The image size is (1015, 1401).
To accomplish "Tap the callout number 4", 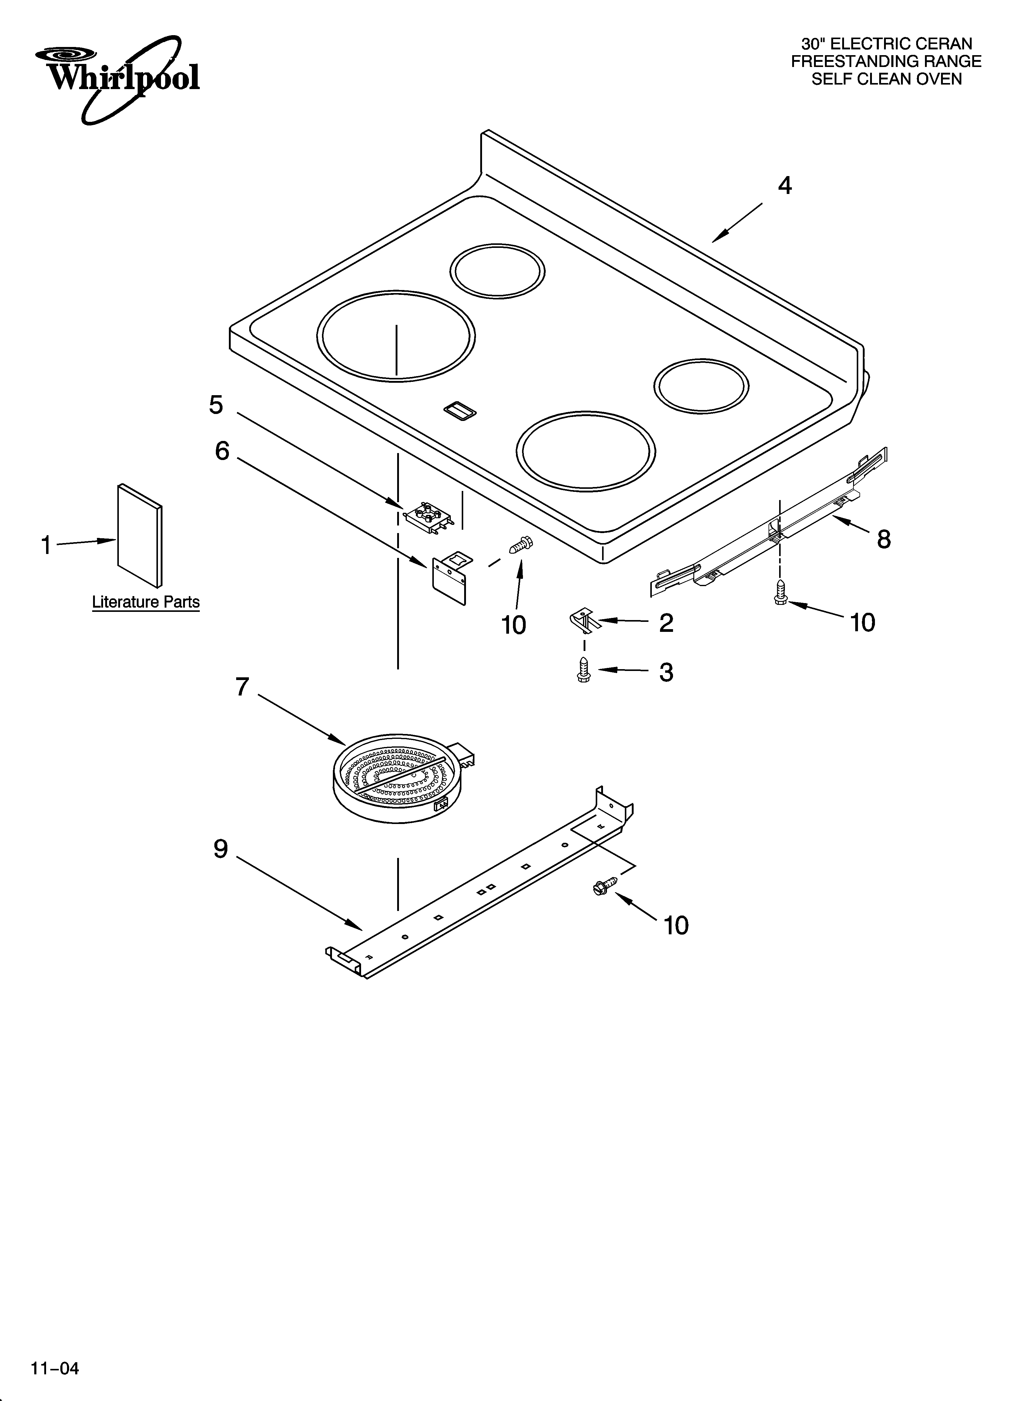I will pos(784,185).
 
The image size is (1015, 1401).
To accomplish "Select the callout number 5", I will pos(216,405).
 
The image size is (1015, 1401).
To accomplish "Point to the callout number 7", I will pos(242,686).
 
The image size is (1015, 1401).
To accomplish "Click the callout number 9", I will pos(221,849).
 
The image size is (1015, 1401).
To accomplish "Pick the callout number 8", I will pos(884,539).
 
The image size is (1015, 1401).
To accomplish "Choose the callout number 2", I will pos(666,623).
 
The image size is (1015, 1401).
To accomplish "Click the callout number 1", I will pos(46,545).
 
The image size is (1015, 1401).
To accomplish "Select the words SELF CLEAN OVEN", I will pos(886,79).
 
